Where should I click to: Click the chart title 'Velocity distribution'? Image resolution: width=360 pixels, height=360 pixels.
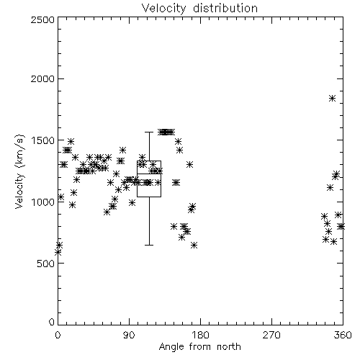(x=199, y=8)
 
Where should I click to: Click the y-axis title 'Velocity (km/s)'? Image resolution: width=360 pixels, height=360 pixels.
(x=19, y=171)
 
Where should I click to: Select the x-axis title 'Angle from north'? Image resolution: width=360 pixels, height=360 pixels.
(x=199, y=347)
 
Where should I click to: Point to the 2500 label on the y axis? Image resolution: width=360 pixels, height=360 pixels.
(x=42, y=19)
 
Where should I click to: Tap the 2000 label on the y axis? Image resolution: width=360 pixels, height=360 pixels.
(x=42, y=78)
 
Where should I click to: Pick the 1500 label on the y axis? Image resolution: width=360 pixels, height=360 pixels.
(x=43, y=140)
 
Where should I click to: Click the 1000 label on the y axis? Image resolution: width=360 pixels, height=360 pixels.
(x=43, y=202)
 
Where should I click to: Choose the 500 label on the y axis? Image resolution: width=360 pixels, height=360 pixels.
(x=46, y=264)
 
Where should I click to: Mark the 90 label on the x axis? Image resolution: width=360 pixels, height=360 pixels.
(x=129, y=335)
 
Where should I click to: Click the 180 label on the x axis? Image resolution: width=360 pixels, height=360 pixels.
(x=200, y=335)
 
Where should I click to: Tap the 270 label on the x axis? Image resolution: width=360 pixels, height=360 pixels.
(x=271, y=335)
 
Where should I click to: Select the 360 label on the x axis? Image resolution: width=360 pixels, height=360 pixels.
(x=343, y=335)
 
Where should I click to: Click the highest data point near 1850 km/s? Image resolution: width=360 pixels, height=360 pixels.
(x=332, y=98)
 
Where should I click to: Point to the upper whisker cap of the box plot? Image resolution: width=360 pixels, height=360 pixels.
(x=149, y=132)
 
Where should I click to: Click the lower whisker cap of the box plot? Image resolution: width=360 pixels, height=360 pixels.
(x=149, y=245)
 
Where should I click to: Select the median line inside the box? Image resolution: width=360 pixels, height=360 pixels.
(x=149, y=174)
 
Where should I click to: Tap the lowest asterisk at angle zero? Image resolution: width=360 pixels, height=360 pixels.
(x=58, y=252)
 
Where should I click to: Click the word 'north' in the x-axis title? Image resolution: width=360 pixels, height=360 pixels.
(x=229, y=347)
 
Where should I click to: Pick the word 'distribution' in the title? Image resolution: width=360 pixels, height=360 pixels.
(x=225, y=8)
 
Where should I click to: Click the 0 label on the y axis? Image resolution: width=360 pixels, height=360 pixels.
(x=52, y=322)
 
